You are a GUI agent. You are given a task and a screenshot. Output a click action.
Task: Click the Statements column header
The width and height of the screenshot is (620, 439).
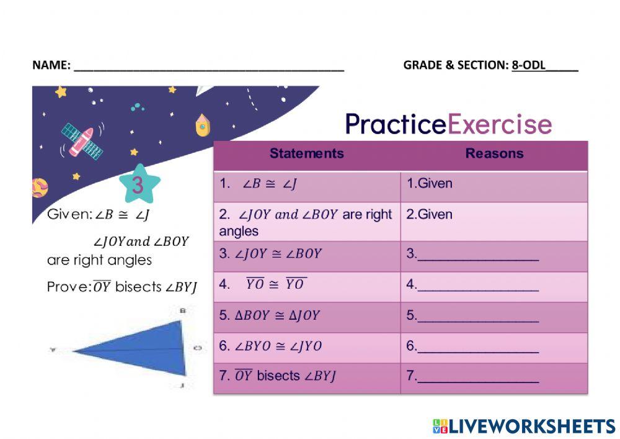click(306, 154)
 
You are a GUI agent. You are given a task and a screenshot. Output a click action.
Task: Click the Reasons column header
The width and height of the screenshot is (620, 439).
click(494, 154)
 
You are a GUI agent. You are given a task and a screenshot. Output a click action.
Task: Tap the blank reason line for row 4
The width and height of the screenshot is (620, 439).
click(478, 286)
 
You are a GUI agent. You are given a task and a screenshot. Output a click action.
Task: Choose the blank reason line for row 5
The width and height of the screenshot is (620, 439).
click(478, 317)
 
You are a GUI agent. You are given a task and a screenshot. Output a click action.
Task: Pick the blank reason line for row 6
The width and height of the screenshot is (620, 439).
click(478, 347)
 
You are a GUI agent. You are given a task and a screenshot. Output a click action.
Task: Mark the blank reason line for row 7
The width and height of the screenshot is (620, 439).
click(478, 378)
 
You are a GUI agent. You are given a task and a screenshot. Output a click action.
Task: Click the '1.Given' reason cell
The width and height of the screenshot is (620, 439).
click(430, 184)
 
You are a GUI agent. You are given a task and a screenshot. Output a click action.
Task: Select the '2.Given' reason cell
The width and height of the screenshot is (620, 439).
click(430, 215)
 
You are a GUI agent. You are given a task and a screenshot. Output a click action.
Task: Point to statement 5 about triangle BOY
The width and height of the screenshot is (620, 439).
click(270, 315)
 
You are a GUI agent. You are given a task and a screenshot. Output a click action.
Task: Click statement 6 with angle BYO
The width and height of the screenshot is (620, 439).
click(271, 346)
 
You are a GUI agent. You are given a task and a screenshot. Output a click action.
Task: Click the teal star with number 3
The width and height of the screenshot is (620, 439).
click(138, 184)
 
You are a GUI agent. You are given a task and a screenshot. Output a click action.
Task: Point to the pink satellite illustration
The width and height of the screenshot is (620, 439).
click(81, 140)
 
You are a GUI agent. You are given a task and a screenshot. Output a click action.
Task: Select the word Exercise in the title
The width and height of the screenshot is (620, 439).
click(499, 124)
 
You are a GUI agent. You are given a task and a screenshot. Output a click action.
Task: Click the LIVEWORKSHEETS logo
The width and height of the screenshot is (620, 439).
click(524, 426)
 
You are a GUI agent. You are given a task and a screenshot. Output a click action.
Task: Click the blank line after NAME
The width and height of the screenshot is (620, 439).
click(208, 65)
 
